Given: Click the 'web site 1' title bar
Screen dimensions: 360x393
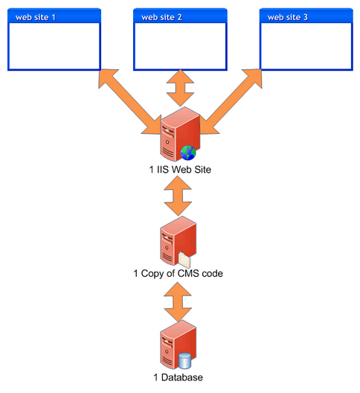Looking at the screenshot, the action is (x=54, y=16).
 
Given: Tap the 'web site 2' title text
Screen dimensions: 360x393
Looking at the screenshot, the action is (x=161, y=17).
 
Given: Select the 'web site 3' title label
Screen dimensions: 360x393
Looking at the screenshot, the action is (x=288, y=17).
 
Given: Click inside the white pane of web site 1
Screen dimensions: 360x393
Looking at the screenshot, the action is (x=54, y=46).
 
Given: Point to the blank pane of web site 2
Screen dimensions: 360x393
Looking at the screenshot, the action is (x=180, y=46).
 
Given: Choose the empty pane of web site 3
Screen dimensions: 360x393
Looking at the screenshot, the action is (x=306, y=46).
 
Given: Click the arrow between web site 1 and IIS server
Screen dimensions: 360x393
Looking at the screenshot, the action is (x=129, y=101).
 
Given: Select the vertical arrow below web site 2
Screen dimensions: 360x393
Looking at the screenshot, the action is (x=180, y=88).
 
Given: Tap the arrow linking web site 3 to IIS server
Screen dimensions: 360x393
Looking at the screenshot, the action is (x=231, y=101).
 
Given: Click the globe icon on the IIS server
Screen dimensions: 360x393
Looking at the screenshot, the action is (x=188, y=153).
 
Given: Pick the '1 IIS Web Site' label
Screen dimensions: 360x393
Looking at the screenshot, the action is (x=180, y=170).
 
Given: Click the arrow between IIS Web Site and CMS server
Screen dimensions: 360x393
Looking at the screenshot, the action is (x=178, y=196).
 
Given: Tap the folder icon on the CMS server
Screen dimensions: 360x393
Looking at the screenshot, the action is (x=184, y=260).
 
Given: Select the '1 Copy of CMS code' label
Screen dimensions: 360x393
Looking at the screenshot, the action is (x=178, y=273).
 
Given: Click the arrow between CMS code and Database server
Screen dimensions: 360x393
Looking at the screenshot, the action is (x=178, y=301).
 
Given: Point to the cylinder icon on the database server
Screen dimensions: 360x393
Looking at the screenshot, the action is (x=184, y=360).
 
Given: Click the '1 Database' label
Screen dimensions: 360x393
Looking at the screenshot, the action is (x=178, y=377).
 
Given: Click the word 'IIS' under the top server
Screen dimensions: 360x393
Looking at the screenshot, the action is (x=164, y=170).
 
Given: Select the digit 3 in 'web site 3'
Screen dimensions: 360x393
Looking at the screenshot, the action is (x=306, y=17).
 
